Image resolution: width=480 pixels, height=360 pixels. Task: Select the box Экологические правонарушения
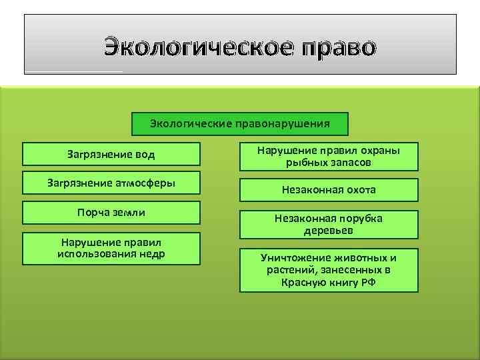pyautogui.click(x=240, y=123)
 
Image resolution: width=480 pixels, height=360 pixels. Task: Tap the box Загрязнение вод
pyautogui.click(x=111, y=154)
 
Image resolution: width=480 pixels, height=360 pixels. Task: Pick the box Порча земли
pyautogui.click(x=111, y=212)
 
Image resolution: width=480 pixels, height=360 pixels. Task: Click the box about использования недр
pyautogui.click(x=111, y=248)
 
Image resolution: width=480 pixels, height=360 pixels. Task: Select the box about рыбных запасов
pyautogui.click(x=329, y=157)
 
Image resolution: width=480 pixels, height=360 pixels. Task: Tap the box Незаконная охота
pyautogui.click(x=329, y=190)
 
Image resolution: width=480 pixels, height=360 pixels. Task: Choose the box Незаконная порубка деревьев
pyautogui.click(x=329, y=225)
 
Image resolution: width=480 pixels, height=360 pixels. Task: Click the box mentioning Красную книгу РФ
pyautogui.click(x=329, y=270)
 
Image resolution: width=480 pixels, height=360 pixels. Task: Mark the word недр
pyautogui.click(x=153, y=254)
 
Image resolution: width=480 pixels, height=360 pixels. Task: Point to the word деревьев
pyautogui.click(x=329, y=231)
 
